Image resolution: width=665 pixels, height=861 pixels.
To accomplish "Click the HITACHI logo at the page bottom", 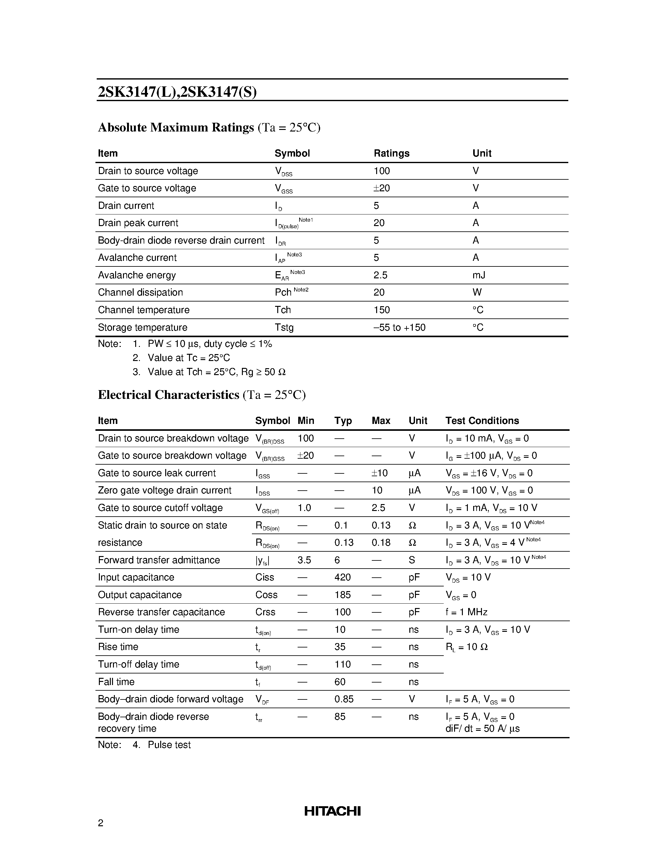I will pos(332,811).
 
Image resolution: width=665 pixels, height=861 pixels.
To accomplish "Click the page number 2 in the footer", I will pos(101,823).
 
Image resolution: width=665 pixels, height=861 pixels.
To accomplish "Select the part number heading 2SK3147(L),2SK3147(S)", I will pos(177,92).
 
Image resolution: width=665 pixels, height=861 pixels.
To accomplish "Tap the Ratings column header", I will pos(391,153).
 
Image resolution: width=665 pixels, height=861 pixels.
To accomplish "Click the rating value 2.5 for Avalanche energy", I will pos(380,275).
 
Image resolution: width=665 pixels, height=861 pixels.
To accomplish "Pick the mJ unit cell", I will pos(479,275).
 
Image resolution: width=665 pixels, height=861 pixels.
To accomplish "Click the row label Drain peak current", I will pos(138,223).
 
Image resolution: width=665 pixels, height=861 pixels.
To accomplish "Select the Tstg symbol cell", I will pos(284,327).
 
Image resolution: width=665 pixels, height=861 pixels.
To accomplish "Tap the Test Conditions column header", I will pos(482,421).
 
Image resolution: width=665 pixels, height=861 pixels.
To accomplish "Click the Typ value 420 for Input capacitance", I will pos(342,578).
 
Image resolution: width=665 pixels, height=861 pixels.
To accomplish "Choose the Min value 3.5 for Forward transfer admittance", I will pos(304,560).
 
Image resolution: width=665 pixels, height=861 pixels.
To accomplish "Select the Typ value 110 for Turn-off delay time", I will pos(342,664).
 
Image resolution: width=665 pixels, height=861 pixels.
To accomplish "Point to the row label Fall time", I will pos(116,682).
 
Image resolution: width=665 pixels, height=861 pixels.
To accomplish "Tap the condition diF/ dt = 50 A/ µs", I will pos(482,729).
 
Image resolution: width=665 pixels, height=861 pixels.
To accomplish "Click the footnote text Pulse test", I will pos(169,745).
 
